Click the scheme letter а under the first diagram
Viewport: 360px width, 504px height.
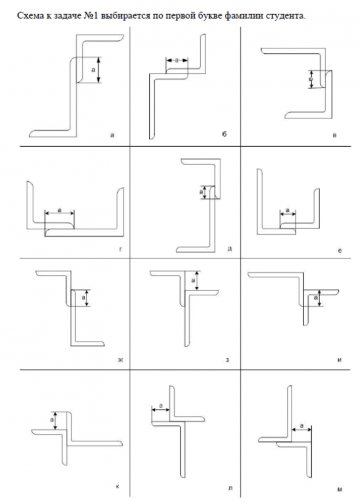[113, 135]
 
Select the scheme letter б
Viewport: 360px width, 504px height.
[224, 135]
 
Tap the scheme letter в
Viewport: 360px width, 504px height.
[335, 135]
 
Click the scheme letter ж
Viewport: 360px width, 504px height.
[121, 359]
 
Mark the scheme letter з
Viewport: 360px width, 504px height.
[228, 359]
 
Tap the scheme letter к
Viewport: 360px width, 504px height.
[117, 486]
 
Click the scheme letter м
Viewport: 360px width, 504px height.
[340, 489]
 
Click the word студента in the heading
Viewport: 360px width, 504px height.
[286, 16]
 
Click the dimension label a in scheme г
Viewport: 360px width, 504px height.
[59, 210]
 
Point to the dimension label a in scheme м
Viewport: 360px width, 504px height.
[302, 426]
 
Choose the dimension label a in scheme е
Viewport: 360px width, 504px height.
[287, 210]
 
